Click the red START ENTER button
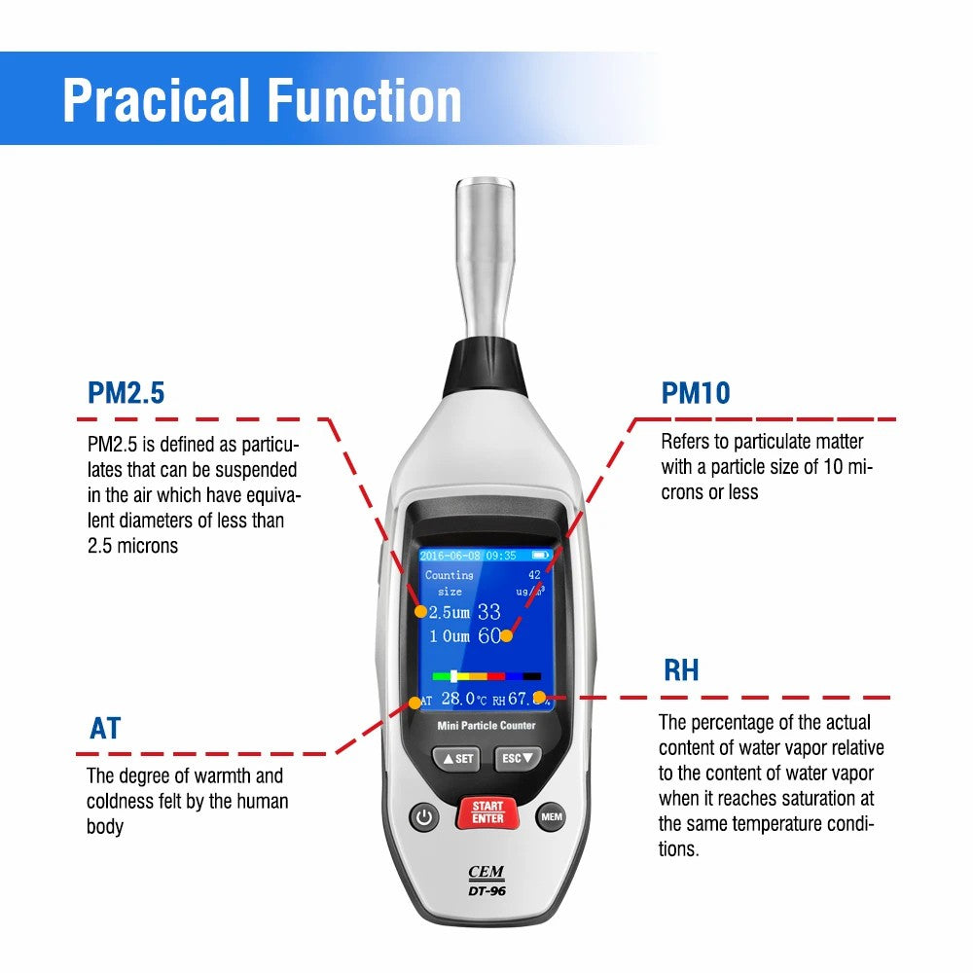tap(487, 812)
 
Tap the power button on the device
tap(422, 817)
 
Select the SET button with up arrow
tap(455, 758)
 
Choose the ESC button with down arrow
tap(517, 758)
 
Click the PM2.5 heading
tap(126, 393)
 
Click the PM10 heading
tap(696, 393)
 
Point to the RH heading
tap(681, 670)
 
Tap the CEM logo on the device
tap(486, 874)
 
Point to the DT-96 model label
tap(486, 890)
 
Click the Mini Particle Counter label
tap(486, 726)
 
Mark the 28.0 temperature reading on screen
tap(457, 699)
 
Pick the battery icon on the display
tap(540, 556)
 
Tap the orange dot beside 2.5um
tap(420, 612)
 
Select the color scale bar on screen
tap(486, 675)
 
